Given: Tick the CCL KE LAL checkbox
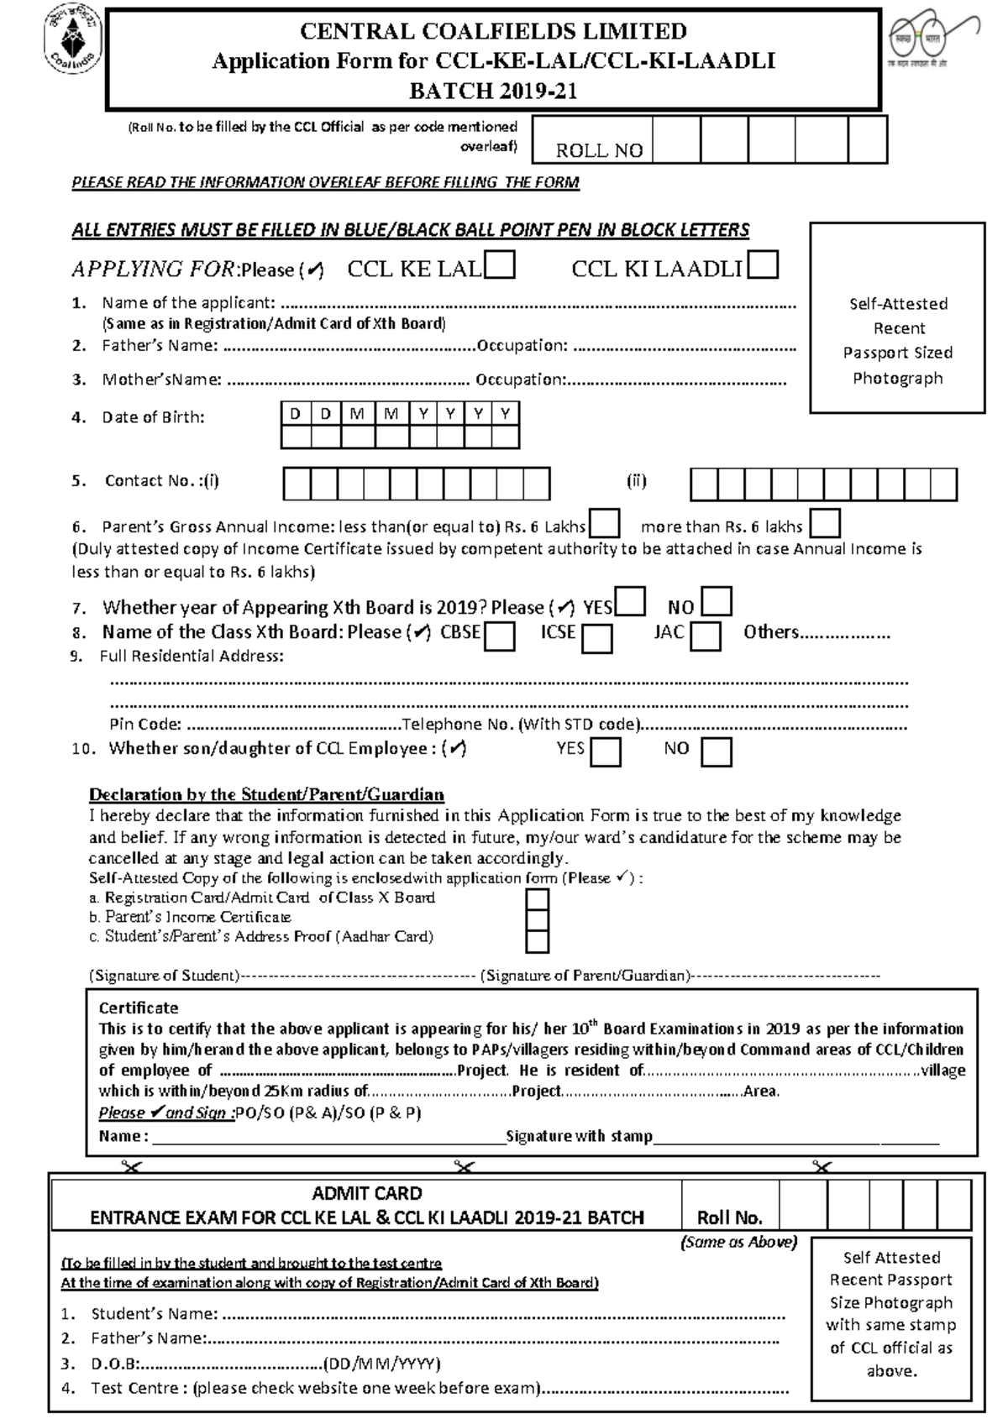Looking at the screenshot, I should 500,266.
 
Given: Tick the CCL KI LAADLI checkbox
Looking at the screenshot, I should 763,265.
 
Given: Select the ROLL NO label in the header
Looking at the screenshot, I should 599,150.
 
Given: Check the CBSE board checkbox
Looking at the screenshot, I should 500,636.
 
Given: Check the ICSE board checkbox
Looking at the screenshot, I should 597,638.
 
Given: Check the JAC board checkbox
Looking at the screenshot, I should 706,636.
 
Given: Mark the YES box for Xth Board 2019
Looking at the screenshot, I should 631,602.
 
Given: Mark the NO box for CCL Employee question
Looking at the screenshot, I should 717,751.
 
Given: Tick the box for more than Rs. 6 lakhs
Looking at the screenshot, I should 824,524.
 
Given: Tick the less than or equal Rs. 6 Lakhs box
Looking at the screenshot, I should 605,524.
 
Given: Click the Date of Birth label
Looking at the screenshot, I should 153,417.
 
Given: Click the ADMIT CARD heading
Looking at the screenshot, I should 367,1193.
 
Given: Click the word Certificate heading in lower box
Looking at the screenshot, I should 139,1008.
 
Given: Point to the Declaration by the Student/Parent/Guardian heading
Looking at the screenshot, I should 266,794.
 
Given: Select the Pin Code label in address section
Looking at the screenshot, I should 145,724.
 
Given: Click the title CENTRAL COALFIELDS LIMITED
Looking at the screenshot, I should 493,31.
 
